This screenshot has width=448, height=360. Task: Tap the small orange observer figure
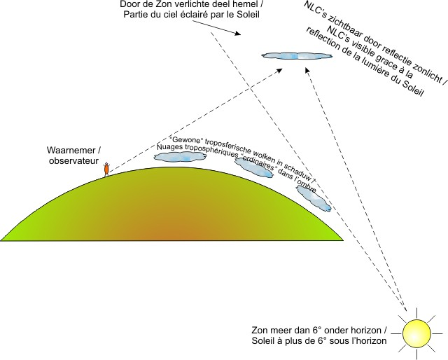pyautogui.click(x=106, y=169)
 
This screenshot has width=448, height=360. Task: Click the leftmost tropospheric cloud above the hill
pyautogui.click(x=180, y=157)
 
